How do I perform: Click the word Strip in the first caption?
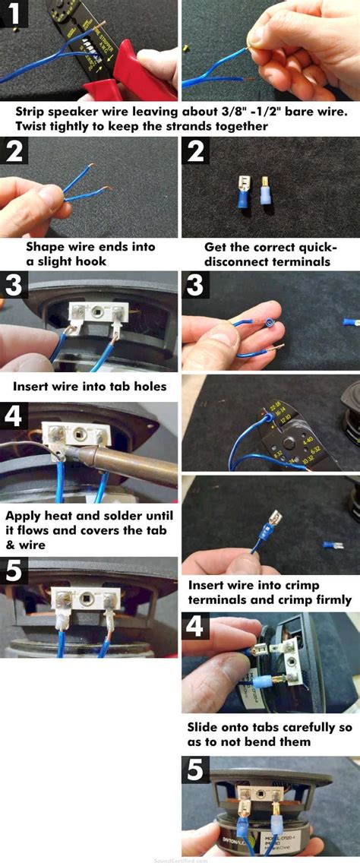pyautogui.click(x=32, y=112)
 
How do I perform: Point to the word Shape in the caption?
pyautogui.click(x=46, y=247)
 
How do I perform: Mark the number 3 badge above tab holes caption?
pyautogui.click(x=14, y=287)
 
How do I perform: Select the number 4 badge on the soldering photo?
pyautogui.click(x=14, y=416)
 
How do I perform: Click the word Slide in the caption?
pyautogui.click(x=205, y=725)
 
